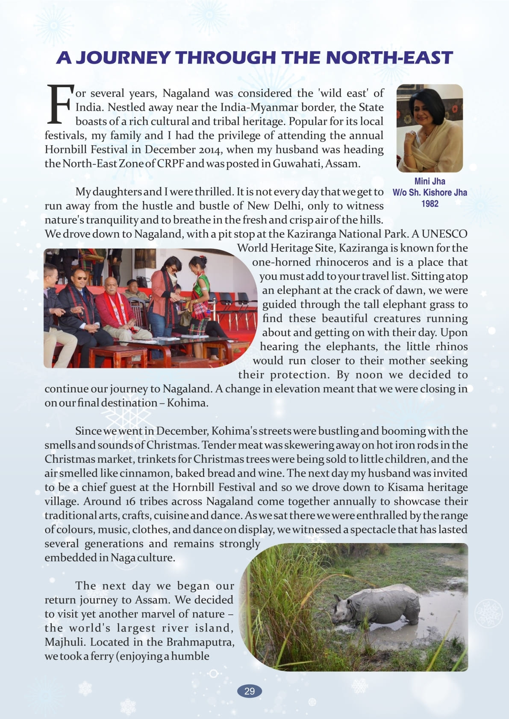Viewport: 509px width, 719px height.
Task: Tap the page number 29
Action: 250,691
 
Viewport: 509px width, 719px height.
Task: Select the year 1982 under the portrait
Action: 430,204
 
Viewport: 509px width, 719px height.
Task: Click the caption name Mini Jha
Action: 430,181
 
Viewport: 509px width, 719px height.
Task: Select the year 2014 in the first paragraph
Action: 208,149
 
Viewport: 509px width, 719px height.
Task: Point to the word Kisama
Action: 406,487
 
